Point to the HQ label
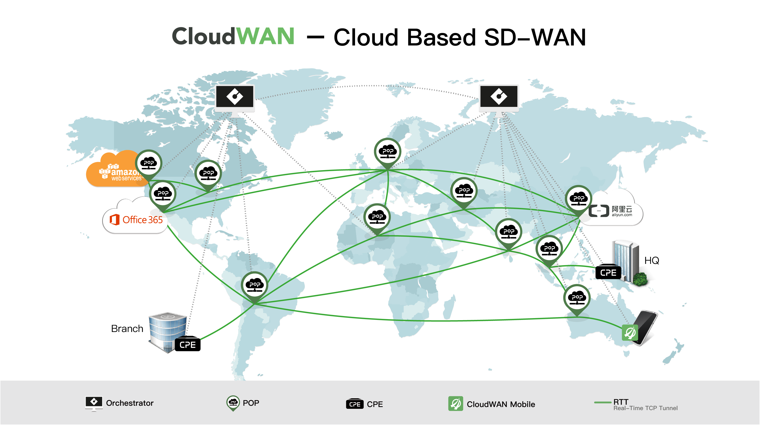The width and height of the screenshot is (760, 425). [651, 261]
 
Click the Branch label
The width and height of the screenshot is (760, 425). [127, 329]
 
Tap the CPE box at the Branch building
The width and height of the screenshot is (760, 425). [188, 345]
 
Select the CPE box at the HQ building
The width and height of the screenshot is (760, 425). [608, 273]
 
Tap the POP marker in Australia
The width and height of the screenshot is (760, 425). [577, 298]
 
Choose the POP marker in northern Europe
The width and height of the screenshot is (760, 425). [388, 152]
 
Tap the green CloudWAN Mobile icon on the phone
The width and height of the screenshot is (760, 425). [630, 333]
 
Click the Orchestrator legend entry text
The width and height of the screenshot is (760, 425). [130, 403]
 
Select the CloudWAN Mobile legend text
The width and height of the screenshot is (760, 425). [501, 404]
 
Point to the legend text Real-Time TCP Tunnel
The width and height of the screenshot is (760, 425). [645, 408]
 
